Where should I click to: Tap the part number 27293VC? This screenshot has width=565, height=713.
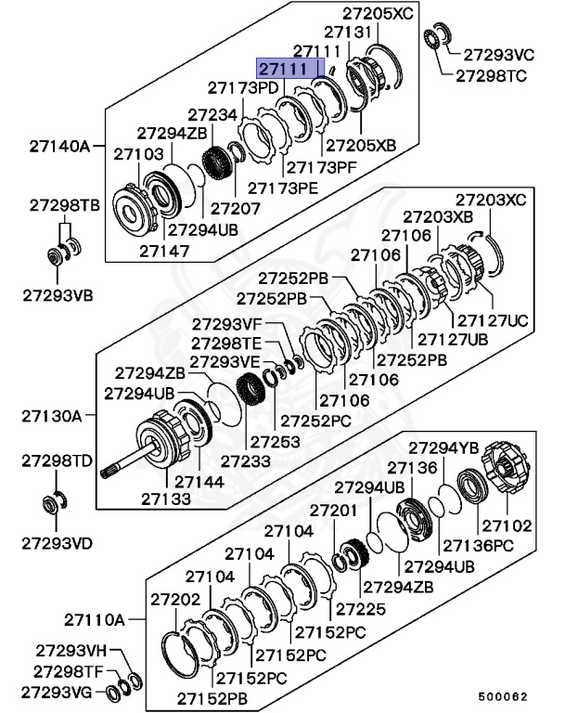point(499,54)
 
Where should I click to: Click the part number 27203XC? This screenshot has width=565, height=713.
point(490,200)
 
